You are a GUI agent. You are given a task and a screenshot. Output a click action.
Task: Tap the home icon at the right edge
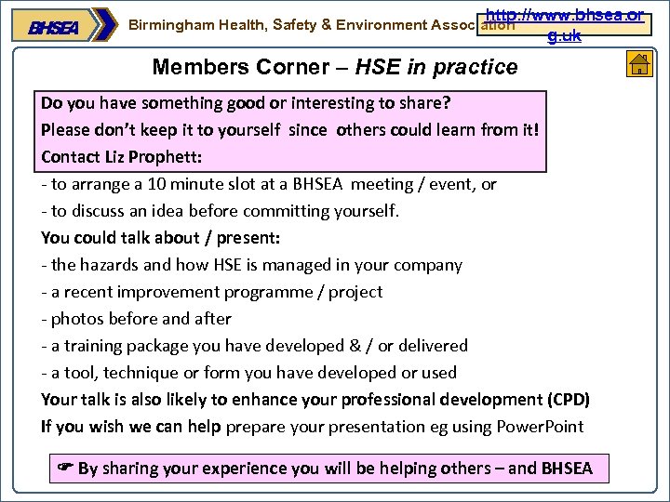pyautogui.click(x=639, y=64)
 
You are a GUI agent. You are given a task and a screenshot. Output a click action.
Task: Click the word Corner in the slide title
pyautogui.click(x=286, y=67)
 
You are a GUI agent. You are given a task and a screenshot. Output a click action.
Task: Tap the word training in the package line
pyautogui.click(x=93, y=346)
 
